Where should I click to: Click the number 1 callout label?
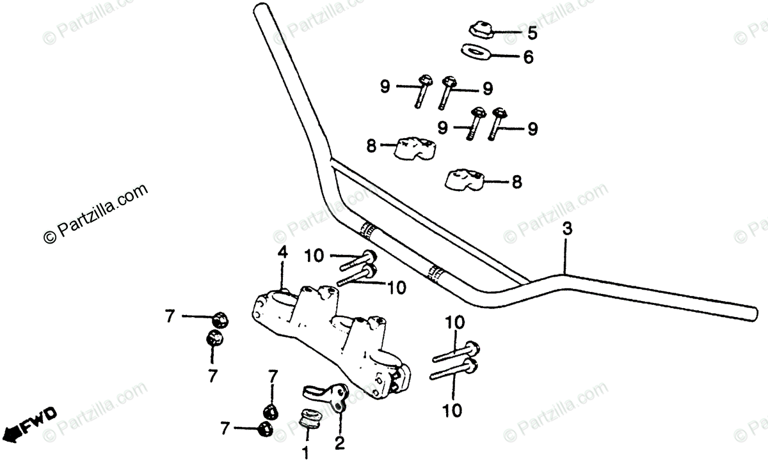[x=306, y=453]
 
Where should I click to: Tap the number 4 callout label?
[x=282, y=254]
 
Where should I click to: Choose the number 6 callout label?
[x=528, y=58]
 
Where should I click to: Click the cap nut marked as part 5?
[x=479, y=29]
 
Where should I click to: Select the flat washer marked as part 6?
[x=474, y=51]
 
